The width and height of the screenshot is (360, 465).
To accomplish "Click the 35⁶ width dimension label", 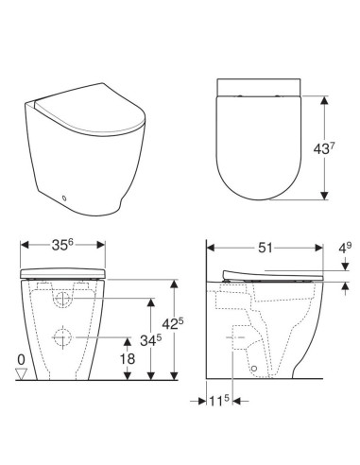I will point(62,246).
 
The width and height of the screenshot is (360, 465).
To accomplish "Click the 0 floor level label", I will point(20,360).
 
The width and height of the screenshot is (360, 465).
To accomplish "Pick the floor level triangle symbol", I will point(20,375).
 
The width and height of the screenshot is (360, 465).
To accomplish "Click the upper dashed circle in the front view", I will point(62,301).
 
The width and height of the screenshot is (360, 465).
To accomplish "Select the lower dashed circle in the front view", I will point(62,337).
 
